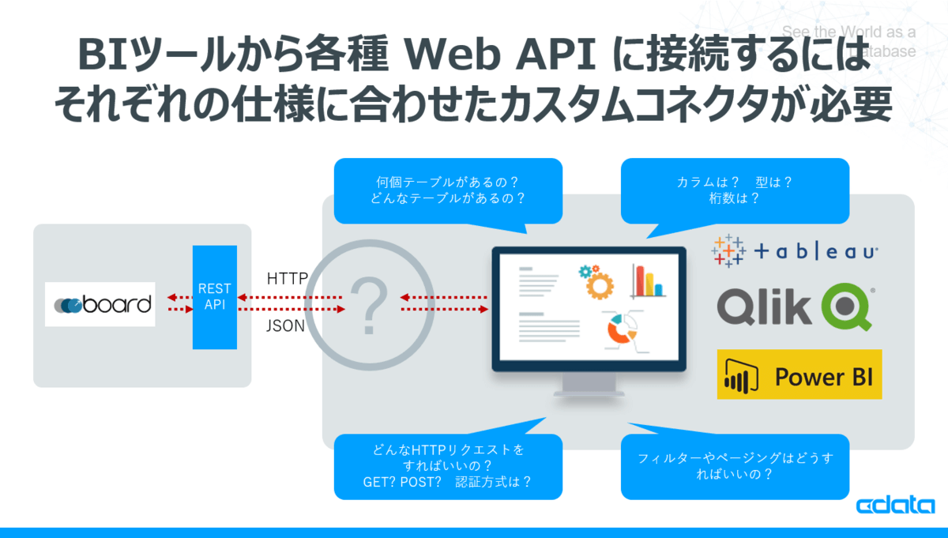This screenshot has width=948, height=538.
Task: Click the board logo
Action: (100, 304)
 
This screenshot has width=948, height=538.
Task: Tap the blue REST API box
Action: (215, 297)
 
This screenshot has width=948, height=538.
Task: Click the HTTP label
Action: (287, 278)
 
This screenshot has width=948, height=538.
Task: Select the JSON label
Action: (285, 325)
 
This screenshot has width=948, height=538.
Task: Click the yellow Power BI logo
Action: (799, 374)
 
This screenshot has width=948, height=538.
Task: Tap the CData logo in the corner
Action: (895, 506)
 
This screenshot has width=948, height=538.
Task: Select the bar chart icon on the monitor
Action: (647, 281)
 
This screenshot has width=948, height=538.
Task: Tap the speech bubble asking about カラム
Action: (735, 190)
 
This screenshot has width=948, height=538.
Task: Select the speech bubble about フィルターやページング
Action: (735, 466)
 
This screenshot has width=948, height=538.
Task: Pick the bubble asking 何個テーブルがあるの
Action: (448, 190)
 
